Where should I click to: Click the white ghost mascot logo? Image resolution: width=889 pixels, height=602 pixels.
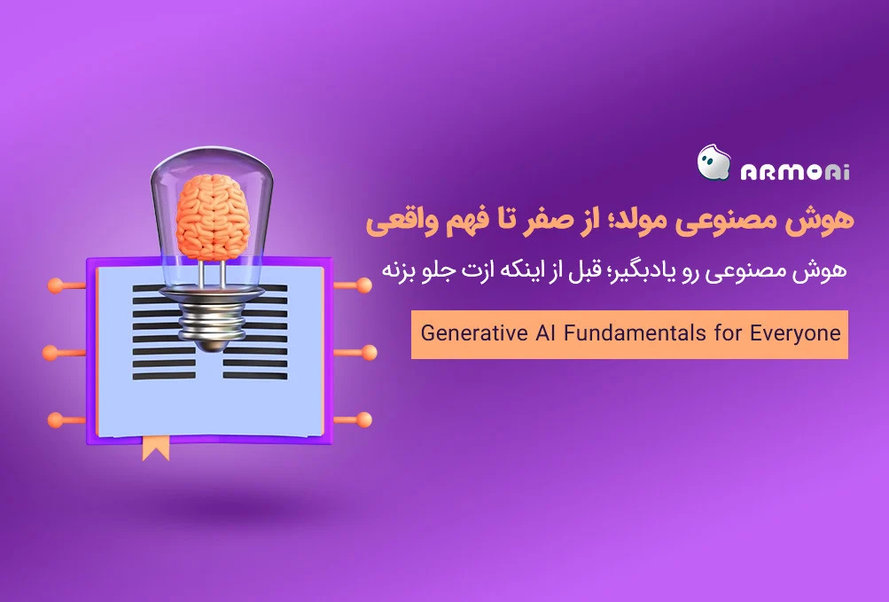click(x=714, y=163)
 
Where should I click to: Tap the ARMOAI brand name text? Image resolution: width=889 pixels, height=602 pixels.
click(x=795, y=171)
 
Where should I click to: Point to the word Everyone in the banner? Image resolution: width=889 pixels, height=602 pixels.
click(x=795, y=333)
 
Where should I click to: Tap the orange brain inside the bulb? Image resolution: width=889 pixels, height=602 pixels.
click(x=213, y=216)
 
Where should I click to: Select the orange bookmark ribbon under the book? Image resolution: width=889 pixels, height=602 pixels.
click(x=155, y=449)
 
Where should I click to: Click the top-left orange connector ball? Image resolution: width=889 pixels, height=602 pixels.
click(x=56, y=285)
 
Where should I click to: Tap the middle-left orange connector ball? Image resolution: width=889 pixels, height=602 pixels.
click(x=51, y=353)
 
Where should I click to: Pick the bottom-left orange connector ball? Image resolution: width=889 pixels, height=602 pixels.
click(x=56, y=420)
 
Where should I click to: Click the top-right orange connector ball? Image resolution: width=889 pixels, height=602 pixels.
click(x=364, y=285)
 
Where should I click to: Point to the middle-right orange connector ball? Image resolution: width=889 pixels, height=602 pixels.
click(x=369, y=352)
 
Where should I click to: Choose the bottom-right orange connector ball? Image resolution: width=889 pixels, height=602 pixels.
click(x=364, y=420)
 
